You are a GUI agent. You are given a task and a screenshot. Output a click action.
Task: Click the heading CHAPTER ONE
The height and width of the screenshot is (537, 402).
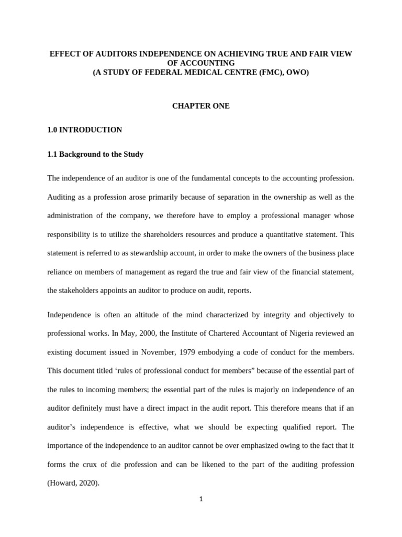pyautogui.click(x=201, y=106)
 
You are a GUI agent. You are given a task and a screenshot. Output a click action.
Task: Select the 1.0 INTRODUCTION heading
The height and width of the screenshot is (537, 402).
pyautogui.click(x=84, y=130)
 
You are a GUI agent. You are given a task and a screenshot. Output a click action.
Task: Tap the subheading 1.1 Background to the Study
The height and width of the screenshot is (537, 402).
pyautogui.click(x=95, y=154)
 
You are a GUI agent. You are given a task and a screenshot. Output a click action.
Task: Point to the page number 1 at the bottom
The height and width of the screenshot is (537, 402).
pyautogui.click(x=201, y=499)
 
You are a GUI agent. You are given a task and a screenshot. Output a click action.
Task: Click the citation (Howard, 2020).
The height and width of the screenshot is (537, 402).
pyautogui.click(x=73, y=483)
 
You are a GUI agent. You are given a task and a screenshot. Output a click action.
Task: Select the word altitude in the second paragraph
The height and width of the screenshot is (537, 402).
pyautogui.click(x=144, y=315)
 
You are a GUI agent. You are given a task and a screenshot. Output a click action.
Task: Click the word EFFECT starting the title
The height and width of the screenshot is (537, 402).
pyautogui.click(x=63, y=54)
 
